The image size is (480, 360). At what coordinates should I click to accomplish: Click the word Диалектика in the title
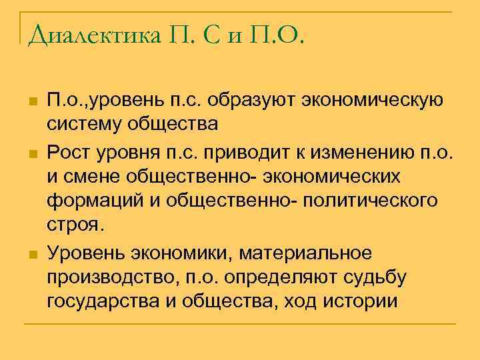pyautogui.click(x=94, y=34)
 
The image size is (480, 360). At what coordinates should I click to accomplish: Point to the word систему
pyautogui.click(x=81, y=124)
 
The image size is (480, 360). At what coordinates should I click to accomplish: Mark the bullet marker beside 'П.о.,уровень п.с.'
pyautogui.click(x=31, y=101)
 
